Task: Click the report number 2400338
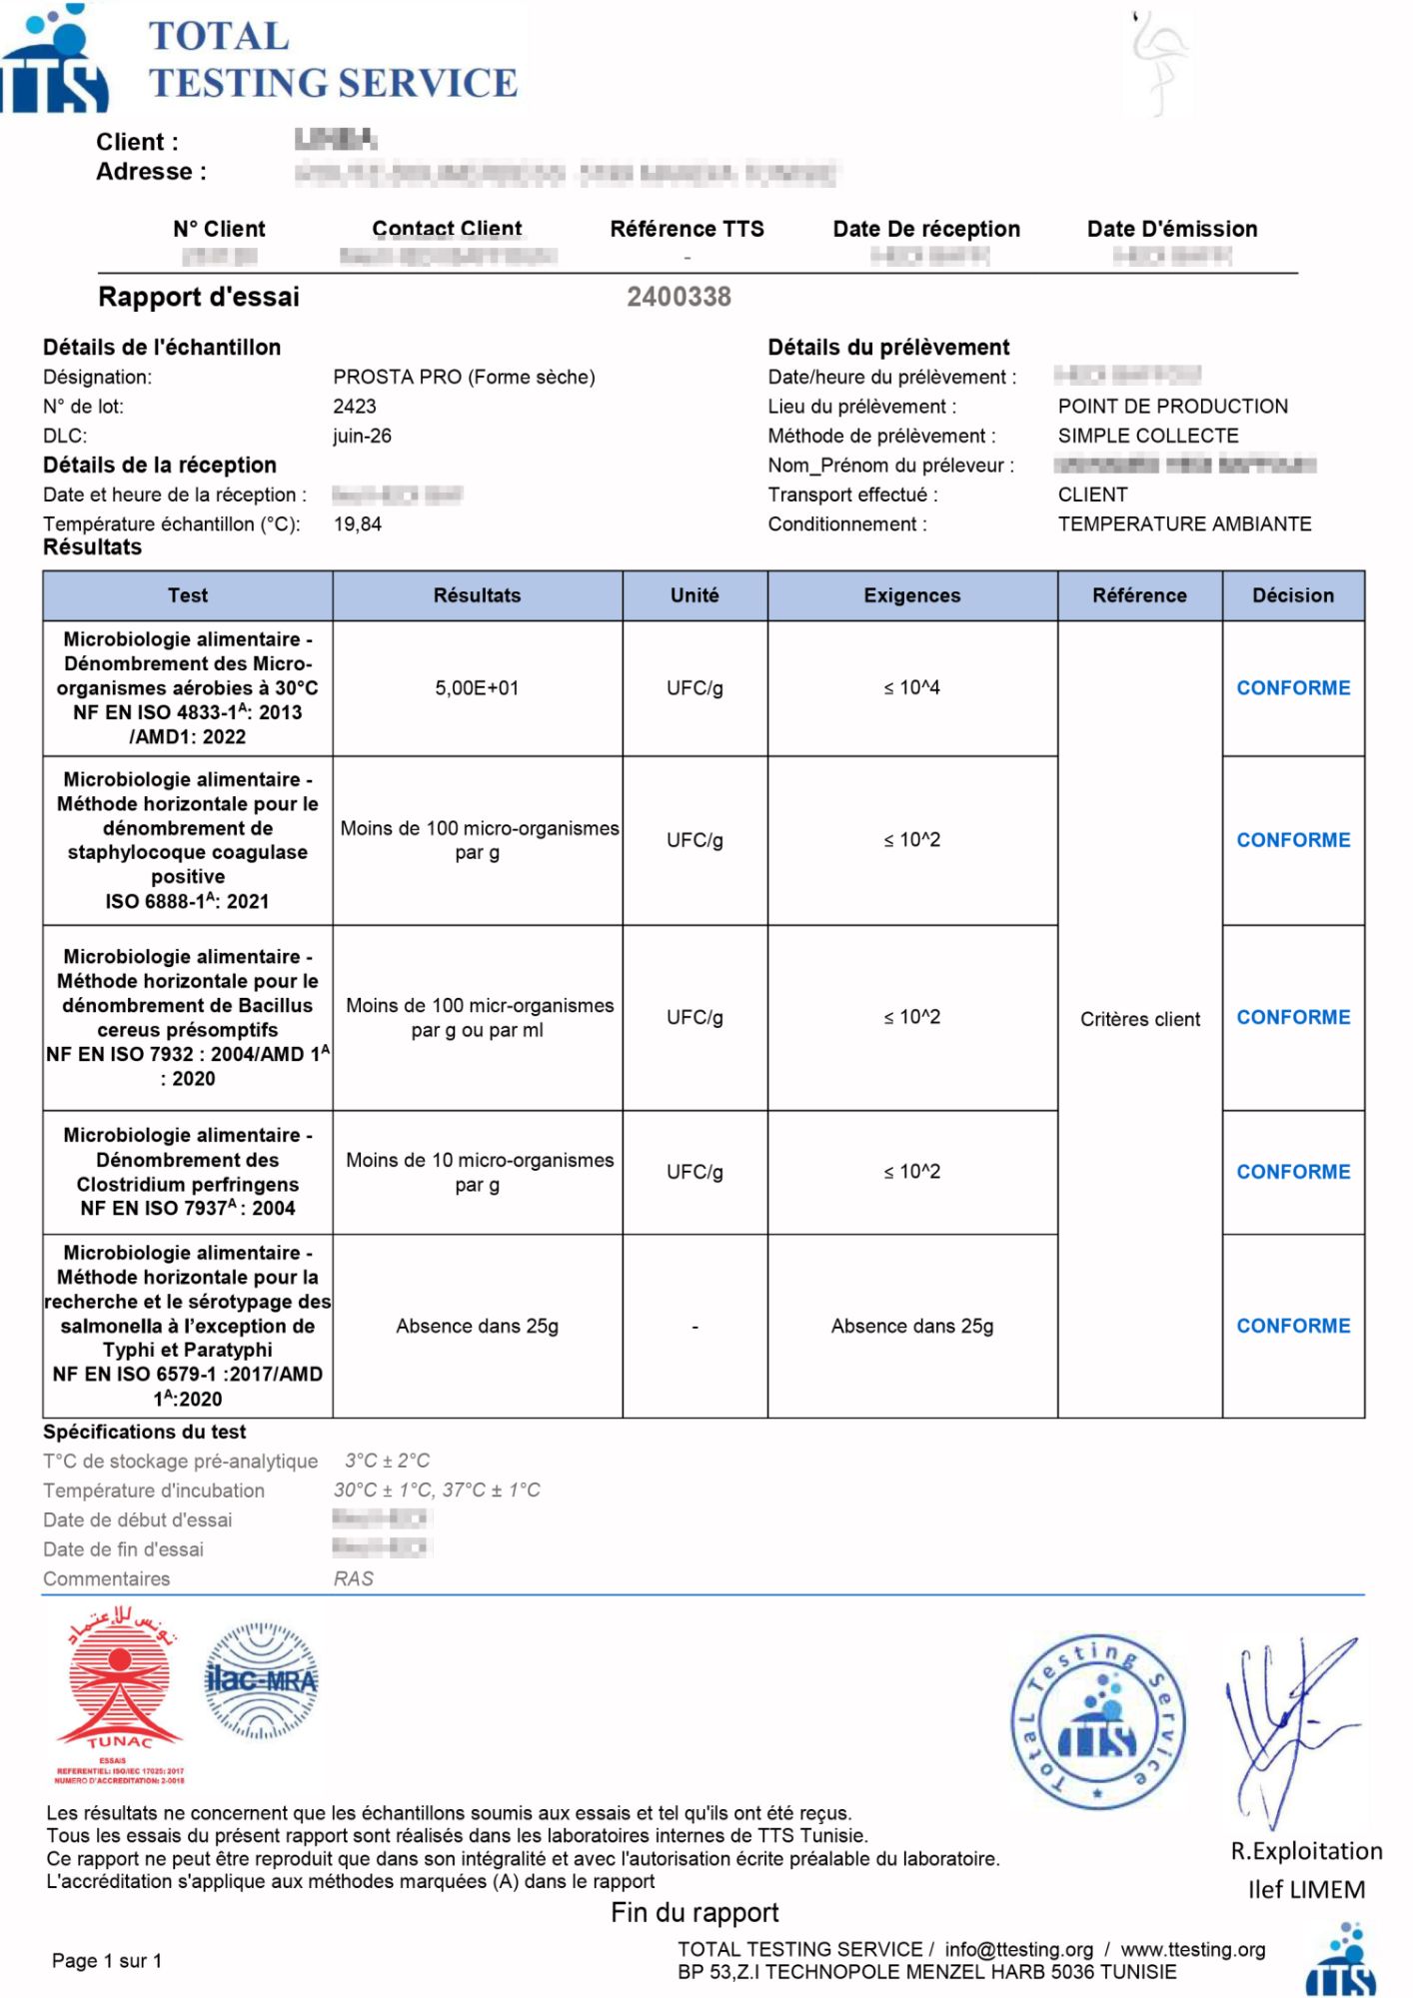[679, 297]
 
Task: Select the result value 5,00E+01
[477, 687]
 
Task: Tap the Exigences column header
[911, 595]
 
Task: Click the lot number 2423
[355, 407]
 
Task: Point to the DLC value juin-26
[362, 436]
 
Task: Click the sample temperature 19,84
[357, 524]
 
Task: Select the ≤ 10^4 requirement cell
[911, 687]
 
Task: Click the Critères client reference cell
[1139, 1019]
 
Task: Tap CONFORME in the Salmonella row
[1293, 1326]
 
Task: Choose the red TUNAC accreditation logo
[120, 1695]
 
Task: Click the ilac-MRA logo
[261, 1681]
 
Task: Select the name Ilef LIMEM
[1306, 1889]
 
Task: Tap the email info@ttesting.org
[1018, 1949]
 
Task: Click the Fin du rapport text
[695, 1912]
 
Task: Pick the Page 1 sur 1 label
[106, 1960]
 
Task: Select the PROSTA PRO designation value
[464, 377]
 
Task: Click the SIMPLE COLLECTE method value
[1148, 436]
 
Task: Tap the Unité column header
[695, 595]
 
